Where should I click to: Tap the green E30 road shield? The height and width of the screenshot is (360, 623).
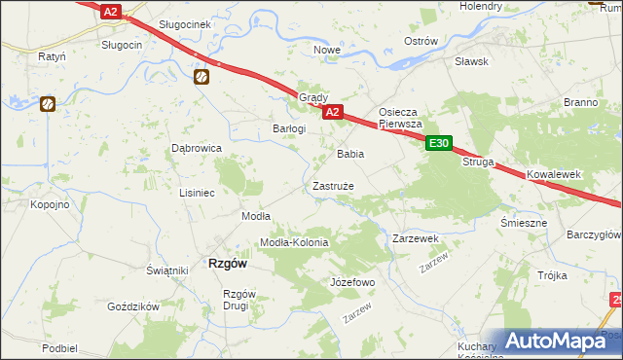(x=439, y=144)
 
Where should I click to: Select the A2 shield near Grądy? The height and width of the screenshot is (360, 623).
(x=332, y=113)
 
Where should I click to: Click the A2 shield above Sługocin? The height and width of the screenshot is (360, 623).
(x=111, y=12)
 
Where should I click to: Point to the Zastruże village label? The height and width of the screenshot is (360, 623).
(x=333, y=185)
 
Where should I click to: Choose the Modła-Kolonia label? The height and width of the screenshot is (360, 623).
(x=293, y=242)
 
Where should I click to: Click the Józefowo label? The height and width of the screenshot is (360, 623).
(x=351, y=282)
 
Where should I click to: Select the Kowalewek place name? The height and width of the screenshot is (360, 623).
(x=554, y=174)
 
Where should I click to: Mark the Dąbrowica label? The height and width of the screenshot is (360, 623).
(x=197, y=148)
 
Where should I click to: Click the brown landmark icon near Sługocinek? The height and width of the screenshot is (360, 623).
(x=202, y=77)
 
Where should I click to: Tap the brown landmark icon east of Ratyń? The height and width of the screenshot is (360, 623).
(x=47, y=102)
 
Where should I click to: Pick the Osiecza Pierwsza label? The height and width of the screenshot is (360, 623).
(x=399, y=118)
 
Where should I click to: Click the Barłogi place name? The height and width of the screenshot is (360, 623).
(x=289, y=128)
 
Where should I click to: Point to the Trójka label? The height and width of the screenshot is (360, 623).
(x=551, y=275)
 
